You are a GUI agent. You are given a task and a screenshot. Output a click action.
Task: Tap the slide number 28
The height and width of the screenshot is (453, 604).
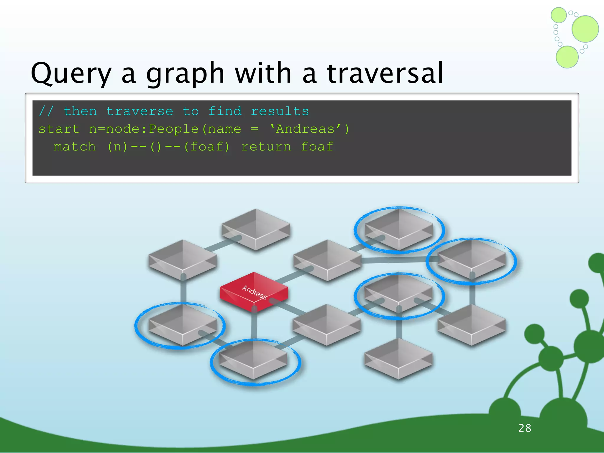[525, 428]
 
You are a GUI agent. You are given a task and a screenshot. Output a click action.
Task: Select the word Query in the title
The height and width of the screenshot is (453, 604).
[71, 73]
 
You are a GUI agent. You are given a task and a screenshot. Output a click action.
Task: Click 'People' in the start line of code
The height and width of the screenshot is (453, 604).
[174, 129]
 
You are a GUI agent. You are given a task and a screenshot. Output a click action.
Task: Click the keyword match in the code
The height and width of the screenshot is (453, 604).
[75, 147]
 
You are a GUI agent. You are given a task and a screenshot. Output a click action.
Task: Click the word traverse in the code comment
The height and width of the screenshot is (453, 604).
[139, 111]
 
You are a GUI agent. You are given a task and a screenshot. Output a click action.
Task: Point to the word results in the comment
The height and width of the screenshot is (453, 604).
[280, 111]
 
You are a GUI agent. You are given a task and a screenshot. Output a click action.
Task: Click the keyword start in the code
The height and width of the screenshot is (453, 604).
[59, 129]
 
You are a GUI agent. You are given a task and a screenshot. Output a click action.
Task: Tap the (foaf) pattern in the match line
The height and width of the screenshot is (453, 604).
[206, 147]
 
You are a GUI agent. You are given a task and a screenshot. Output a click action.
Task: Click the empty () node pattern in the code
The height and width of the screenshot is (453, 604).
[156, 147]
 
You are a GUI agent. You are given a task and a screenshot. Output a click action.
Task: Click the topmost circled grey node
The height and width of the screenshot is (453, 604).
[399, 229]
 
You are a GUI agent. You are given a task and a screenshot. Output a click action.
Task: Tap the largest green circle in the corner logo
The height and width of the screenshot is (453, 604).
[585, 29]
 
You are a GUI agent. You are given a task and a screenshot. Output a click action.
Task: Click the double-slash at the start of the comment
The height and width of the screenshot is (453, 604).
[46, 111]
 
